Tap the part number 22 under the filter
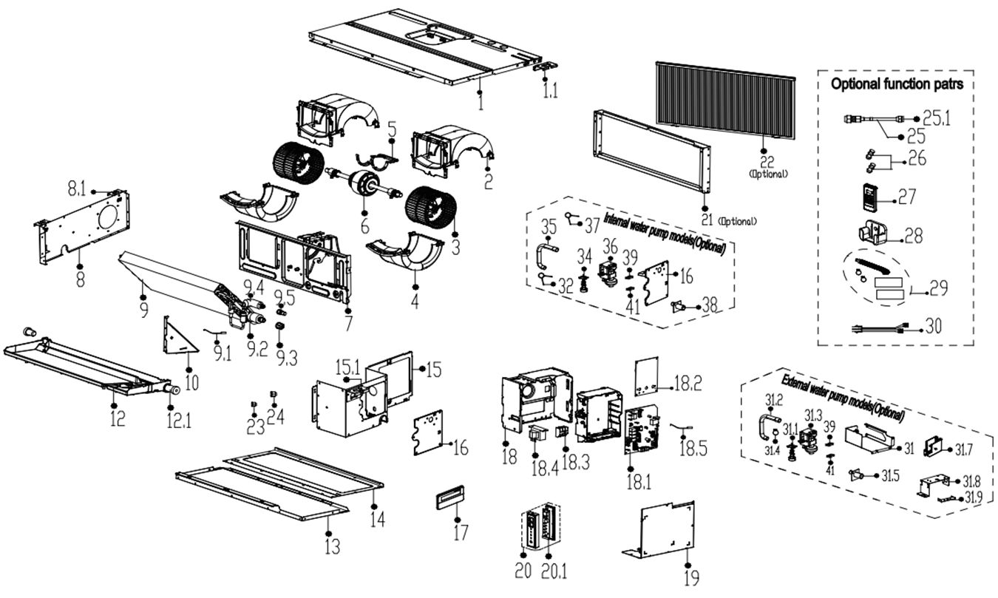tap(768, 161)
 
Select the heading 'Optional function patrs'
tap(897, 84)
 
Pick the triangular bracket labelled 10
tap(179, 336)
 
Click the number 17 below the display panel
tap(461, 531)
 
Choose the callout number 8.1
tap(78, 190)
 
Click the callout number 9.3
tap(281, 359)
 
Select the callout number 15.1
tap(347, 367)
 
